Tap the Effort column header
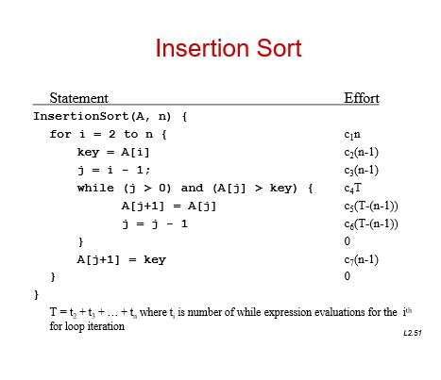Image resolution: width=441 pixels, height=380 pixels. coord(362,98)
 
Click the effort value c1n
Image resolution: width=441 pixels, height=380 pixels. coord(352,135)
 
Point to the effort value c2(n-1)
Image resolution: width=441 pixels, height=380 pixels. coord(362,153)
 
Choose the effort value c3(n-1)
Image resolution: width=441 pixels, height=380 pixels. coord(362,171)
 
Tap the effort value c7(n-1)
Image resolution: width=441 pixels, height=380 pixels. coord(362,259)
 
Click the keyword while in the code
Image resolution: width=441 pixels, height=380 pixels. coord(95,188)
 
